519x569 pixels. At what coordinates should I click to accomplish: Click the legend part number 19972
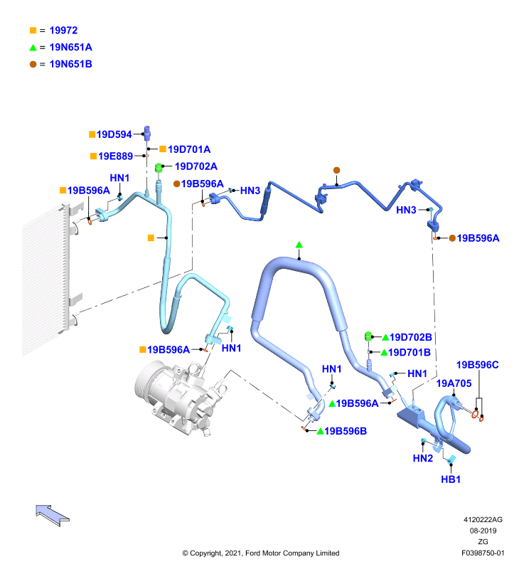coord(63,31)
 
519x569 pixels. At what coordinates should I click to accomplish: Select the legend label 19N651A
coord(70,47)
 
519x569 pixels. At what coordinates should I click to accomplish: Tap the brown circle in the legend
coord(33,64)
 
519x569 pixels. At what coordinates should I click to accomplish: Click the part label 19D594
coord(114,134)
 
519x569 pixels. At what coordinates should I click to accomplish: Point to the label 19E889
coord(115,156)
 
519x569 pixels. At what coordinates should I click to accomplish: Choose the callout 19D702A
coord(196,166)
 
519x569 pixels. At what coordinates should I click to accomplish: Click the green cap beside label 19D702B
coord(368,336)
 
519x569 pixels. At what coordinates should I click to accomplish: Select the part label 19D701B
coord(409,352)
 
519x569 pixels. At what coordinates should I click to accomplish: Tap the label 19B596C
coord(477,365)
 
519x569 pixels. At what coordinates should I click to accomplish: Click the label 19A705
coord(454,383)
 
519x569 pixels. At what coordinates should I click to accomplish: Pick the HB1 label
coord(451,479)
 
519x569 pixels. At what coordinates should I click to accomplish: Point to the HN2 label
coord(423,458)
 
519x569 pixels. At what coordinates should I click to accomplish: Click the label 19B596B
coord(346,431)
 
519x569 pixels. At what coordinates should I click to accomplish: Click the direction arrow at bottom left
coord(53,515)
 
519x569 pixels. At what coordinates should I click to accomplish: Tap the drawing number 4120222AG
coord(483,520)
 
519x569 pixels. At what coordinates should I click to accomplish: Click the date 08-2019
coord(483,531)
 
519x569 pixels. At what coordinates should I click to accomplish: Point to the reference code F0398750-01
coord(483,553)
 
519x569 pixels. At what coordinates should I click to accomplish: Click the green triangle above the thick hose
coord(299,245)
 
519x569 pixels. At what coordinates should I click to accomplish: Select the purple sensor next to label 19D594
coord(147,133)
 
